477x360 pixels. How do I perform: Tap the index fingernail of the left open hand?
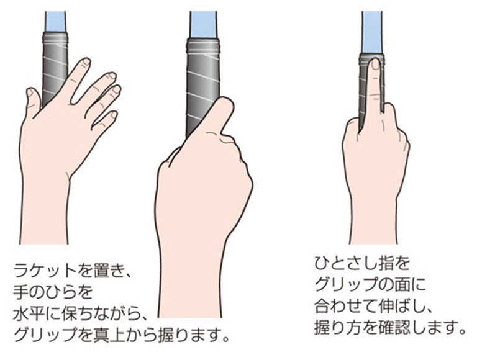click(x=86, y=61)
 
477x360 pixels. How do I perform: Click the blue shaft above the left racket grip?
click(x=55, y=21)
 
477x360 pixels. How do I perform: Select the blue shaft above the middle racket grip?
click(x=203, y=25)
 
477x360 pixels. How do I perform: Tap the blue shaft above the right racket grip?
click(x=372, y=33)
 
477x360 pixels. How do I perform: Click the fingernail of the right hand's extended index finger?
click(x=376, y=64)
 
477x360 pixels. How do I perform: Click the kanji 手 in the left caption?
click(x=20, y=292)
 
